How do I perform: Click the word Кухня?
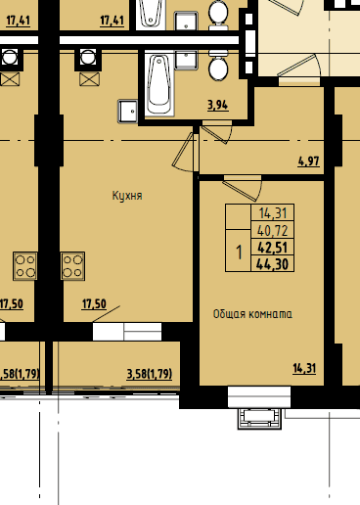127,196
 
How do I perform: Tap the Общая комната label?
252,314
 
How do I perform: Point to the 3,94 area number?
218,105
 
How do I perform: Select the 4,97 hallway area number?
308,161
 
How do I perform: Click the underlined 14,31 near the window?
304,368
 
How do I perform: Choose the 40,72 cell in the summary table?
273,231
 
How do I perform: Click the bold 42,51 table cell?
273,248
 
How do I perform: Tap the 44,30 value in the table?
273,263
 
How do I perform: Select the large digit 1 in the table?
240,252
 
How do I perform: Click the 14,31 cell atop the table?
273,213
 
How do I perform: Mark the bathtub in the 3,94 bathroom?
159,84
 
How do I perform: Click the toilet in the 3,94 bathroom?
218,67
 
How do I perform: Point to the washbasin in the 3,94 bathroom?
186,60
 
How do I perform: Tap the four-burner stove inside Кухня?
73,266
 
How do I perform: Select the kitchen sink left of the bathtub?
128,112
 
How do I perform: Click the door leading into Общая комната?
243,188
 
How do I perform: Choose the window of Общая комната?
259,397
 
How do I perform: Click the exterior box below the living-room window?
259,419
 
